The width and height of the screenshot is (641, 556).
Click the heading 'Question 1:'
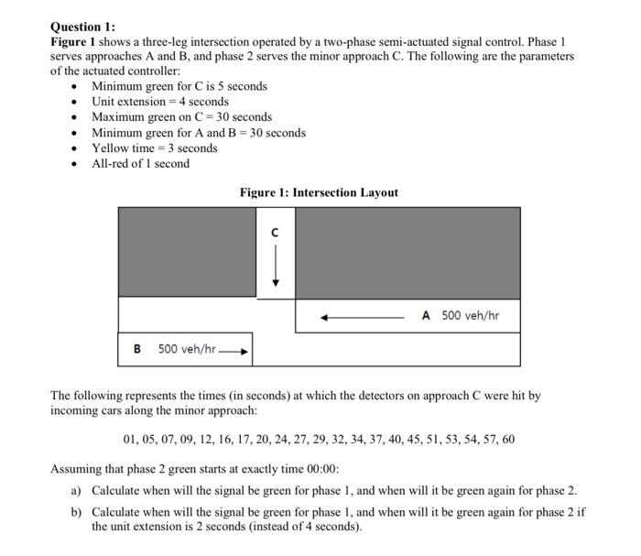click(83, 27)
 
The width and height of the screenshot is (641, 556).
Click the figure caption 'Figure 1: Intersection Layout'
click(319, 192)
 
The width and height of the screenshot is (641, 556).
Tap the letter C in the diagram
click(274, 234)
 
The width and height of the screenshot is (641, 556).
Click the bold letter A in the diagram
click(427, 316)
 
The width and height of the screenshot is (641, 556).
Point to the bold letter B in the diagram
click(137, 349)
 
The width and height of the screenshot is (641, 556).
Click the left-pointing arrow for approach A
click(363, 317)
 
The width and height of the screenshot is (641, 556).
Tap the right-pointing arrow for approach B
click(235, 350)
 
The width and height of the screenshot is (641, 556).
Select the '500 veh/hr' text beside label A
click(470, 316)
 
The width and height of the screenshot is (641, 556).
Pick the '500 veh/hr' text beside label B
click(187, 349)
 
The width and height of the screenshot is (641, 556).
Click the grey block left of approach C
click(187, 252)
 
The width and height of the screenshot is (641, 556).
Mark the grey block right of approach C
click(407, 252)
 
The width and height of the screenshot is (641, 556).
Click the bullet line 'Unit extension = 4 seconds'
click(160, 102)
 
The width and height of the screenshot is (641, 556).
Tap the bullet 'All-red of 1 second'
click(141, 164)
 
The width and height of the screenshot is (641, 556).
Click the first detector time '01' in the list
click(129, 440)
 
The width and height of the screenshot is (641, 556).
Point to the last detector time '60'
click(508, 440)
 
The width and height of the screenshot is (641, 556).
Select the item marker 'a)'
click(77, 491)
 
